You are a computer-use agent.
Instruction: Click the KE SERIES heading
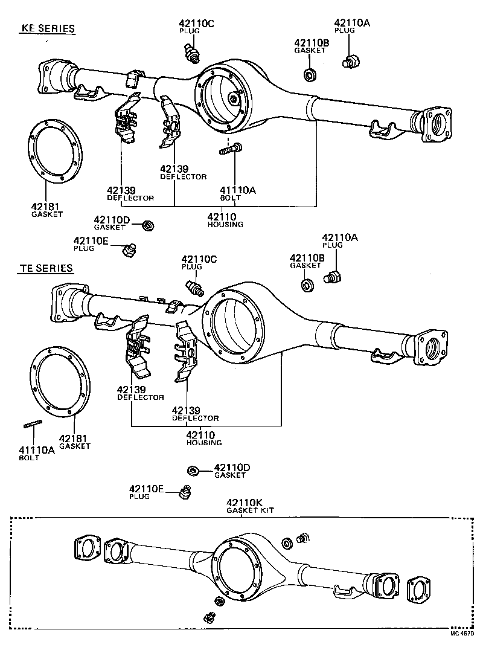pos(48,28)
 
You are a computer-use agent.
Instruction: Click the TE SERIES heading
pos(45,268)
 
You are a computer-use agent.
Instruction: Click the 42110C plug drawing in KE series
pos(191,51)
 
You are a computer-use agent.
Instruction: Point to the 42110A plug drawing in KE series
pos(350,61)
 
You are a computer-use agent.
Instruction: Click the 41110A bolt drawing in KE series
pos(231,148)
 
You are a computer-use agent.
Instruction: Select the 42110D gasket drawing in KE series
pos(147,225)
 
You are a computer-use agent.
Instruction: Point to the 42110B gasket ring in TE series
pos(307,284)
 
